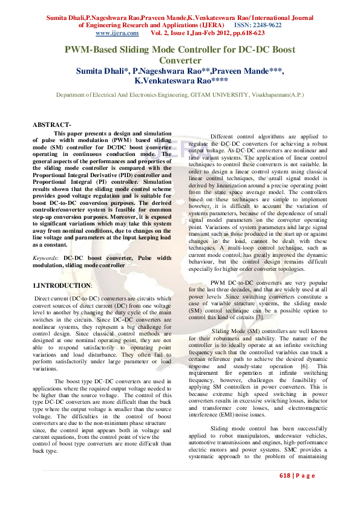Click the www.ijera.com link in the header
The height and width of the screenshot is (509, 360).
click(96, 34)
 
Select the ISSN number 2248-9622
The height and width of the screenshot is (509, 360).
click(266, 26)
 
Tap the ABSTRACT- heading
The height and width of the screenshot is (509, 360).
click(52, 125)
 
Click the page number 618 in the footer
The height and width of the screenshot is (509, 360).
click(286, 476)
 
